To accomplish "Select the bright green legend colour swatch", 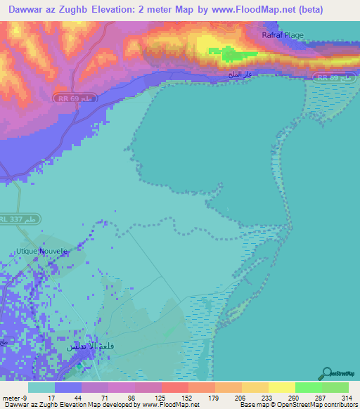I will [x=309, y=387].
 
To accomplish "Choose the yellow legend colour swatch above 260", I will [x=282, y=387].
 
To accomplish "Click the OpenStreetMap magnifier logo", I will [x=328, y=374].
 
